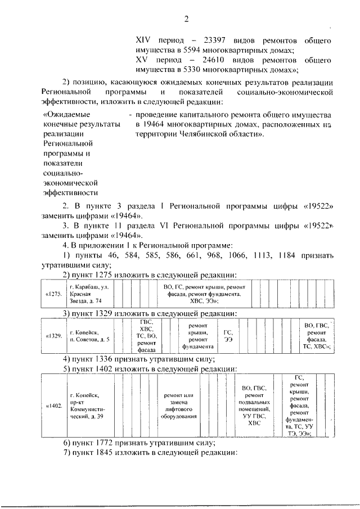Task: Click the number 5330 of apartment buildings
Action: point(188,70)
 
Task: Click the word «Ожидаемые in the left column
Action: point(63,114)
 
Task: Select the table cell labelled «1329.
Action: point(52,336)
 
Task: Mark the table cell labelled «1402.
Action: point(52,405)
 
